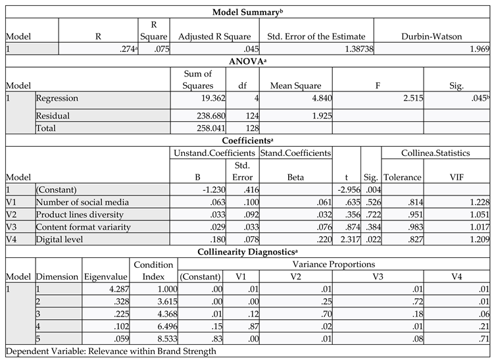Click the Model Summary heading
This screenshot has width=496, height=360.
[249, 12]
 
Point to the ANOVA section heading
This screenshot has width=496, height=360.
[248, 61]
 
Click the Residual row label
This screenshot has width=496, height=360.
[53, 116]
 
